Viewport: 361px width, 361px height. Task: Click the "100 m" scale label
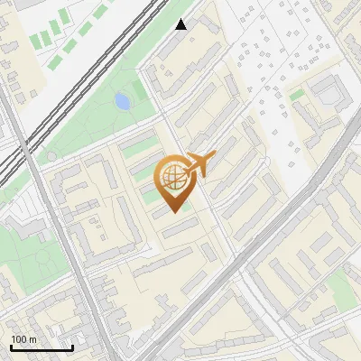point(23,339)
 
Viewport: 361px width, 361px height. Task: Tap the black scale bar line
point(42,347)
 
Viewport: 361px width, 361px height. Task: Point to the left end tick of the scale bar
point(11,346)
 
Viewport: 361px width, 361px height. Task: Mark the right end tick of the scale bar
point(72,346)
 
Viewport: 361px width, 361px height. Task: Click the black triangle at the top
point(181,24)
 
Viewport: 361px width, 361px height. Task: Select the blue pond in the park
point(122,101)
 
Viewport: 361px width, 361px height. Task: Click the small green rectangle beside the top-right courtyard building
point(297,95)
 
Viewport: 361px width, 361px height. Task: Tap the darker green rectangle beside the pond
point(140,91)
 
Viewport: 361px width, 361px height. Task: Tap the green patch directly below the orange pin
point(184,205)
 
